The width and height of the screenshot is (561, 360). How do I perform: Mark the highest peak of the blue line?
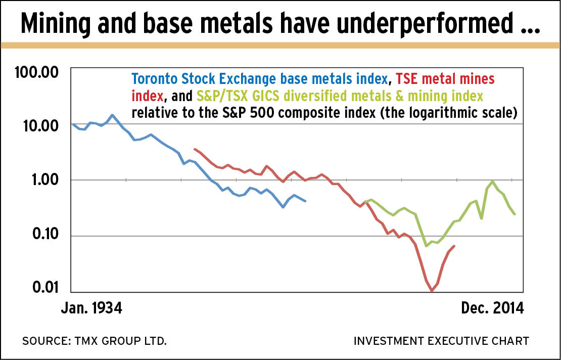pyautogui.click(x=112, y=115)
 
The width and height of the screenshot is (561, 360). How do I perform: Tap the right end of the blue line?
pyautogui.click(x=305, y=201)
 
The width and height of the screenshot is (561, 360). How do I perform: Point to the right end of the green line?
pyautogui.click(x=515, y=214)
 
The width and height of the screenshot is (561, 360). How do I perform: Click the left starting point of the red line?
pyautogui.click(x=195, y=149)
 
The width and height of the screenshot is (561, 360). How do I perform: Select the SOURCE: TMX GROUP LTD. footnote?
pyautogui.click(x=94, y=341)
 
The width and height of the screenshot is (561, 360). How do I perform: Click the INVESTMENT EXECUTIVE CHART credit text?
pyautogui.click(x=441, y=341)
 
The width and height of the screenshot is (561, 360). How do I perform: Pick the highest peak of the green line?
pyautogui.click(x=493, y=182)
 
